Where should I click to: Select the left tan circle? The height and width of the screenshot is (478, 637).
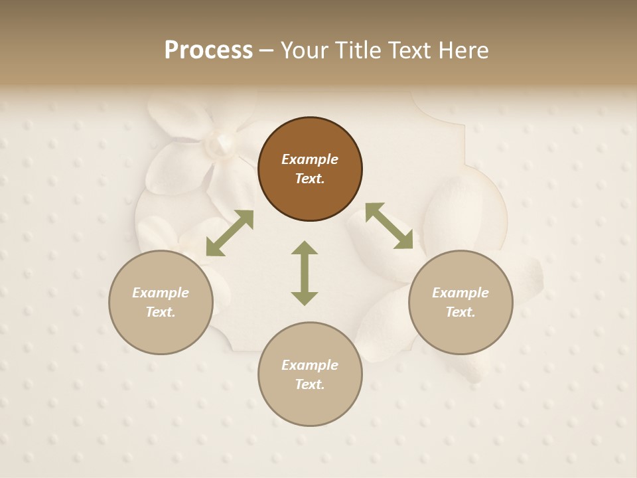point(161,302)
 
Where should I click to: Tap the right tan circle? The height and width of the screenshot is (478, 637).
point(460,302)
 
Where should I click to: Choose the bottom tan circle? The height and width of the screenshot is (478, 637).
point(310,374)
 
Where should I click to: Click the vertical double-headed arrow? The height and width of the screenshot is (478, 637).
point(305,273)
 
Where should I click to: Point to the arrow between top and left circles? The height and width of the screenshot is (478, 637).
point(230,233)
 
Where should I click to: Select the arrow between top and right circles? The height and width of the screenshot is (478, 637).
point(389,226)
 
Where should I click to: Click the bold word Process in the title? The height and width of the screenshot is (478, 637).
point(208,50)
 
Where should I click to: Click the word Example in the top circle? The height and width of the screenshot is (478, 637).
point(310,159)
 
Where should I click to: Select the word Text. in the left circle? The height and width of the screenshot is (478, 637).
point(161,312)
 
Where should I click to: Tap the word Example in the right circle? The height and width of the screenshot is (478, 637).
point(460,293)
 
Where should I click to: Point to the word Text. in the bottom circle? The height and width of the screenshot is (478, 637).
point(310,384)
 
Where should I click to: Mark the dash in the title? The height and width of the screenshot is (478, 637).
point(266,50)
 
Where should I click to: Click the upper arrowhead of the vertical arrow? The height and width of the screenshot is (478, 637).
point(305,249)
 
